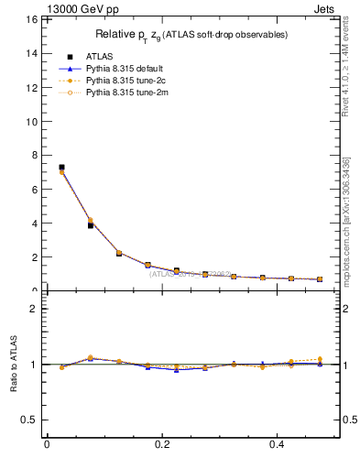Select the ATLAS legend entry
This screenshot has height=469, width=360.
[93, 56]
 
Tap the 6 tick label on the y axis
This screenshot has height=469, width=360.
[30, 189]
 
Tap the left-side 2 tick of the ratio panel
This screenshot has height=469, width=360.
[32, 309]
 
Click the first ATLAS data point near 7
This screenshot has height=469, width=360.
[61, 168]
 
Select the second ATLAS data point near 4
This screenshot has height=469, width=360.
[90, 224]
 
